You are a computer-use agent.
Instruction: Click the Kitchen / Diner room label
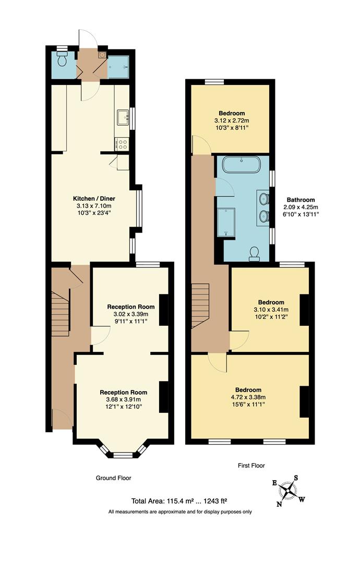point(93,199)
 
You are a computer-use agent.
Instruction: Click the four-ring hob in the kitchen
point(123,143)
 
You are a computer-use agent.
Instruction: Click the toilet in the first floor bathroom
point(255,253)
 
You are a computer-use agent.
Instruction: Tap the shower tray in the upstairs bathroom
point(226,221)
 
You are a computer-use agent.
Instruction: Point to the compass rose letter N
point(279,504)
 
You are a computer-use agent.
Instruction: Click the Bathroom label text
point(303,200)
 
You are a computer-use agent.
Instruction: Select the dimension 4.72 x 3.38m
point(248,397)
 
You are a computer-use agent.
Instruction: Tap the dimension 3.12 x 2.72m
point(232,120)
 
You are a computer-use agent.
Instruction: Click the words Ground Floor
point(113,478)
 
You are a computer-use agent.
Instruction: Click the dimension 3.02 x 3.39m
point(131,314)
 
